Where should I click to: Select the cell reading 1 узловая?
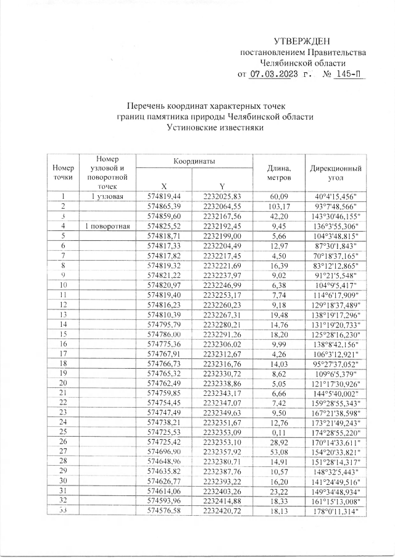109,196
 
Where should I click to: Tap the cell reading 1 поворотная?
109,226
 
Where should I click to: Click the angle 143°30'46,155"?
336,216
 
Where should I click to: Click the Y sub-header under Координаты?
221,186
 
